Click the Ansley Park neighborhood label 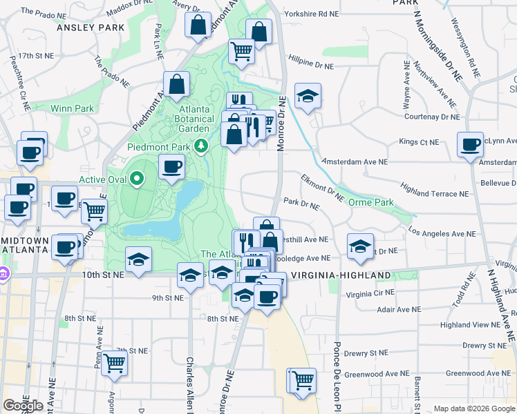point(90,28)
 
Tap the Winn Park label point(72,108)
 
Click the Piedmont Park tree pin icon point(201,145)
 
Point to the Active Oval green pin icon point(137,179)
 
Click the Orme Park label point(370,202)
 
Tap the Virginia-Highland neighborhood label point(341,275)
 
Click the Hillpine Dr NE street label point(311,61)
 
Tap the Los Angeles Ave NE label point(442,233)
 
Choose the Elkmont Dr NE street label point(322,188)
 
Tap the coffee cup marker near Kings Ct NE point(470,145)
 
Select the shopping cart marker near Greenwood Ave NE point(301,379)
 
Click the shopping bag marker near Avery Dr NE point(198,25)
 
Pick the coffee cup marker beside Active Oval point(171,166)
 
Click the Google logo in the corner point(23,406)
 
